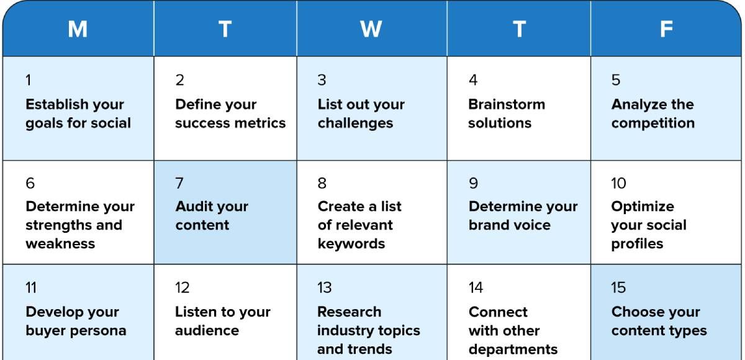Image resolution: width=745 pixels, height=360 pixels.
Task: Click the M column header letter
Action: pyautogui.click(x=78, y=29)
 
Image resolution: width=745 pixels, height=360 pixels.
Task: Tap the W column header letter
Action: pyautogui.click(x=371, y=29)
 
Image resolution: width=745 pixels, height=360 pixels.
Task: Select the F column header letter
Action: pyautogui.click(x=666, y=29)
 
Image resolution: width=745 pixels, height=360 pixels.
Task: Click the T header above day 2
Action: pyautogui.click(x=225, y=29)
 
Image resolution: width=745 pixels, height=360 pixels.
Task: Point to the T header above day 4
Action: pyautogui.click(x=519, y=29)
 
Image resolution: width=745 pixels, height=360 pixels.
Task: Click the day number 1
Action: pyautogui.click(x=29, y=80)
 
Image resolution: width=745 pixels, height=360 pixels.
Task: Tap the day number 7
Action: pyautogui.click(x=179, y=183)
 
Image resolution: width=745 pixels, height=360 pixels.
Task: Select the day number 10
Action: pyautogui.click(x=618, y=183)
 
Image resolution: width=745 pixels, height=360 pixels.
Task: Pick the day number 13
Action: pyautogui.click(x=324, y=287)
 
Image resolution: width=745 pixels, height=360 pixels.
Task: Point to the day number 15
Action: pyautogui.click(x=618, y=287)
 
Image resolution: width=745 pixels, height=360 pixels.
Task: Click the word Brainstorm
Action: pyautogui.click(x=507, y=104)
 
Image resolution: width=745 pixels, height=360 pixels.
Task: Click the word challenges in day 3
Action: pyautogui.click(x=355, y=124)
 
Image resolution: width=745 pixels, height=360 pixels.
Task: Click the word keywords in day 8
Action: pyautogui.click(x=351, y=245)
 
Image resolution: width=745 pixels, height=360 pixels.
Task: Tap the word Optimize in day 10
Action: pyautogui.click(x=643, y=207)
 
